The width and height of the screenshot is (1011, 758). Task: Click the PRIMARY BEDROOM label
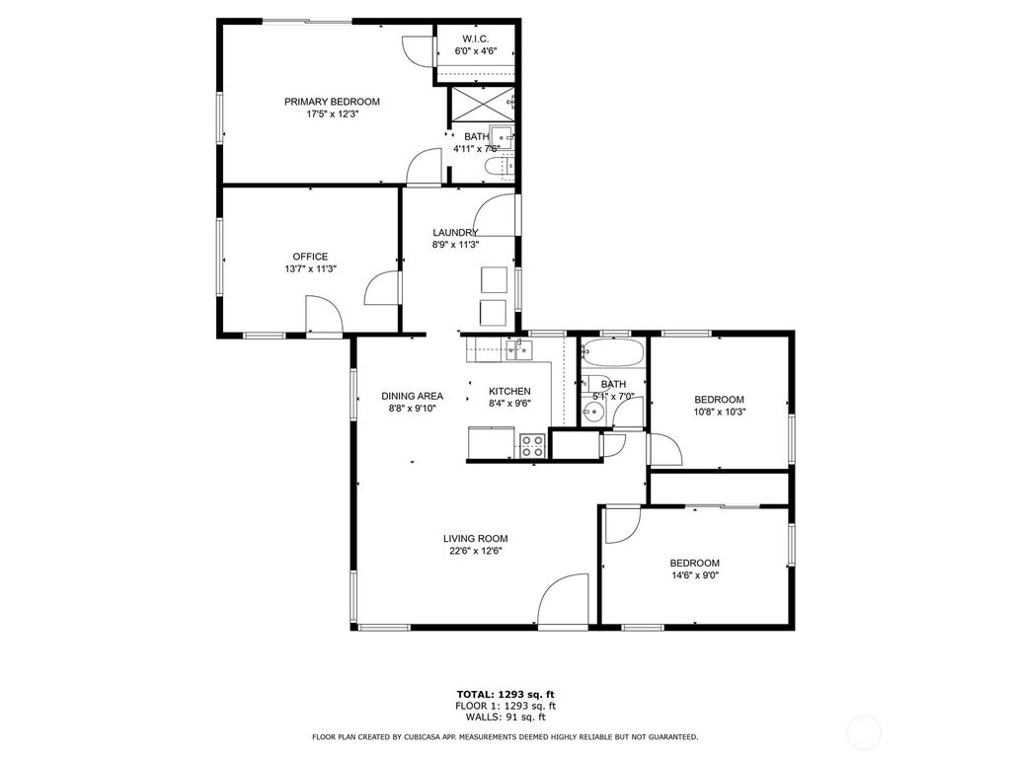pyautogui.click(x=332, y=102)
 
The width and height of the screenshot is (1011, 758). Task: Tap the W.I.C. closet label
pyautogui.click(x=475, y=38)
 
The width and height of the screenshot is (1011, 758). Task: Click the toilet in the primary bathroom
pyautogui.click(x=500, y=168)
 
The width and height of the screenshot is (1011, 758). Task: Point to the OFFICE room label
pyautogui.click(x=309, y=257)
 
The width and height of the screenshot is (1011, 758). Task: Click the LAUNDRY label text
pyautogui.click(x=455, y=233)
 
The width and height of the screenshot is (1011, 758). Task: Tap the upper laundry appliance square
pyautogui.click(x=494, y=279)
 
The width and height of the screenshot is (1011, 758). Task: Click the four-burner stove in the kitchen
pyautogui.click(x=532, y=445)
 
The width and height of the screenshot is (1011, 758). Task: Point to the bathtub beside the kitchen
pyautogui.click(x=612, y=353)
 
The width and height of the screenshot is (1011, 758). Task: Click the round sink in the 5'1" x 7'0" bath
pyautogui.click(x=592, y=415)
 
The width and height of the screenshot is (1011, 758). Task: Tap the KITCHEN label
pyautogui.click(x=509, y=391)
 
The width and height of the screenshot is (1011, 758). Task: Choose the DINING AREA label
pyautogui.click(x=412, y=396)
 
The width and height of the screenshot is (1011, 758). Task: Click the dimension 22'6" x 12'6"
pyautogui.click(x=475, y=552)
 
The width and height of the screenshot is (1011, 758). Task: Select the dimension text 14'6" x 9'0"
pyautogui.click(x=694, y=575)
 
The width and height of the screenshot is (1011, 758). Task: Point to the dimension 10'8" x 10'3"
pyautogui.click(x=720, y=413)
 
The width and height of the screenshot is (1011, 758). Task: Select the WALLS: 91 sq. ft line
pyautogui.click(x=505, y=718)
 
